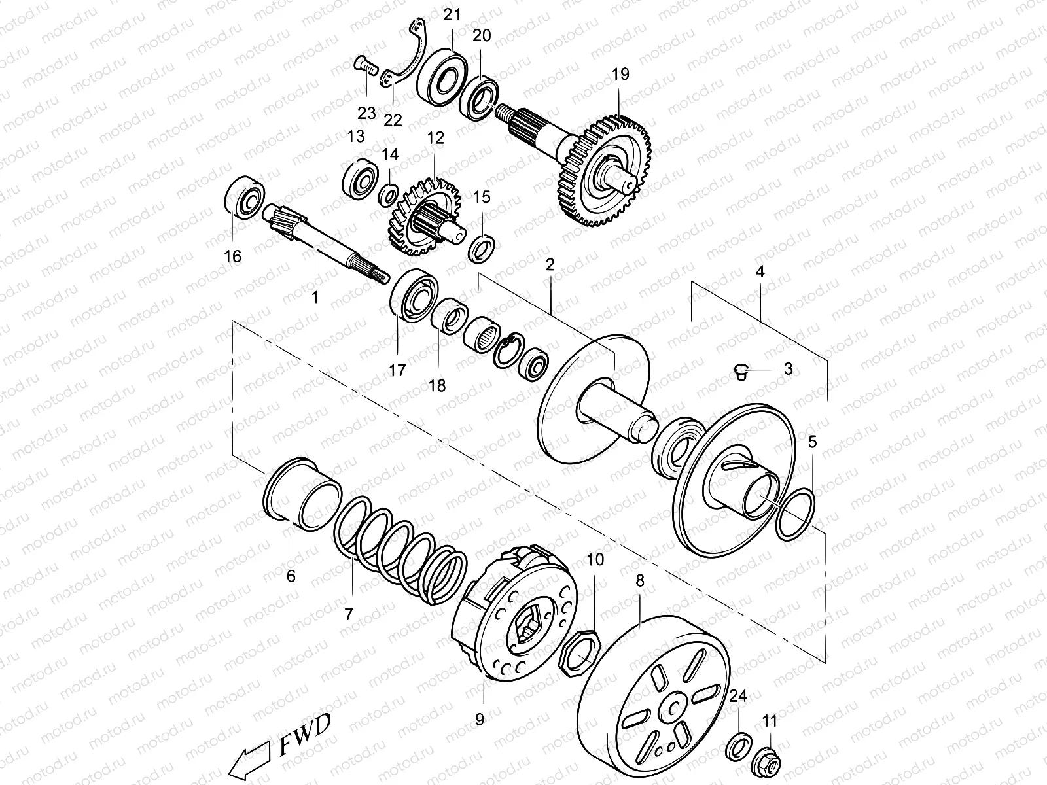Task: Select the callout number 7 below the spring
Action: (348, 614)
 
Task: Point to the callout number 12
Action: (435, 138)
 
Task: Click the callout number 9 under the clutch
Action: (479, 719)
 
